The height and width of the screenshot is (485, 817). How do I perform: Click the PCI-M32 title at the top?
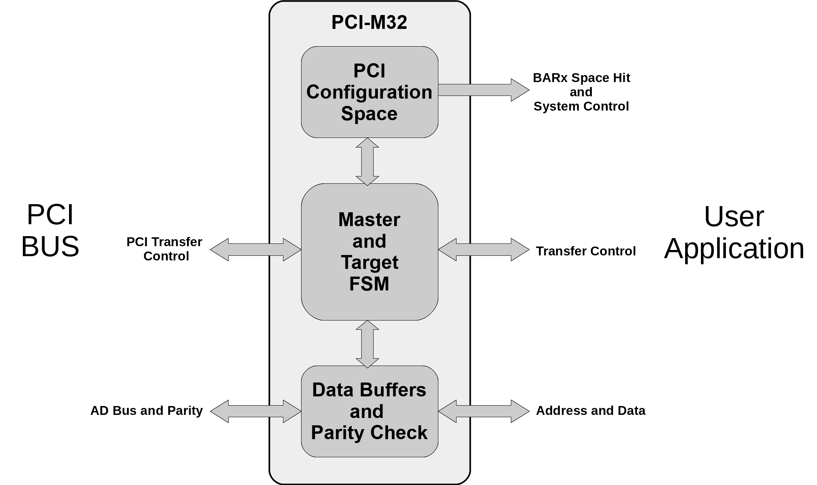tap(369, 22)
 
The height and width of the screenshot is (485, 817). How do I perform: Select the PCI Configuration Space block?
tap(369, 92)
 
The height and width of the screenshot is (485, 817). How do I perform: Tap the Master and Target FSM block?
tap(369, 252)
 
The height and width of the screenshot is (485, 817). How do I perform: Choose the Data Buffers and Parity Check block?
tap(369, 411)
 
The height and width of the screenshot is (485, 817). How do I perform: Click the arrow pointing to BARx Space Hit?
tap(483, 90)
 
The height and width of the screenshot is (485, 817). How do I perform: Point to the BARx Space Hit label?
tap(581, 78)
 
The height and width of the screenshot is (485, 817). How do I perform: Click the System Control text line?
tap(581, 106)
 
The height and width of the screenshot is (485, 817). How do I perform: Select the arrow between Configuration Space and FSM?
tap(367, 162)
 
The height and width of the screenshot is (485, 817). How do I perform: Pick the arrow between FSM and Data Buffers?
tap(367, 344)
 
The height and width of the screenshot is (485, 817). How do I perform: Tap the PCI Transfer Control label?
tap(165, 249)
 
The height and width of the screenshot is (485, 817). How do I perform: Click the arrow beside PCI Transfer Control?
tap(255, 250)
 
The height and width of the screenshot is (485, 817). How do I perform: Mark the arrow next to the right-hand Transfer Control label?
tap(483, 250)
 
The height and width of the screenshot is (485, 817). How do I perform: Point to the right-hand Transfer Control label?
tap(585, 251)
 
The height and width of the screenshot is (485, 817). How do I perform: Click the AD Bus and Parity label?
tap(147, 411)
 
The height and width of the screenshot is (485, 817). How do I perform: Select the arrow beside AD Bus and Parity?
tap(255, 411)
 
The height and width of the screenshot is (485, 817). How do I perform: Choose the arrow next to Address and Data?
tap(483, 411)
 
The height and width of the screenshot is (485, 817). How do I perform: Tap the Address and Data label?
tap(590, 411)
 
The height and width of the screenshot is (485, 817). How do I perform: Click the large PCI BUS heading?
tap(50, 230)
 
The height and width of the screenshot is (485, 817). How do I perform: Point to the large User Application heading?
tap(734, 232)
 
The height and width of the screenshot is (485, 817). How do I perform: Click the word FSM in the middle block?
tap(369, 284)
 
